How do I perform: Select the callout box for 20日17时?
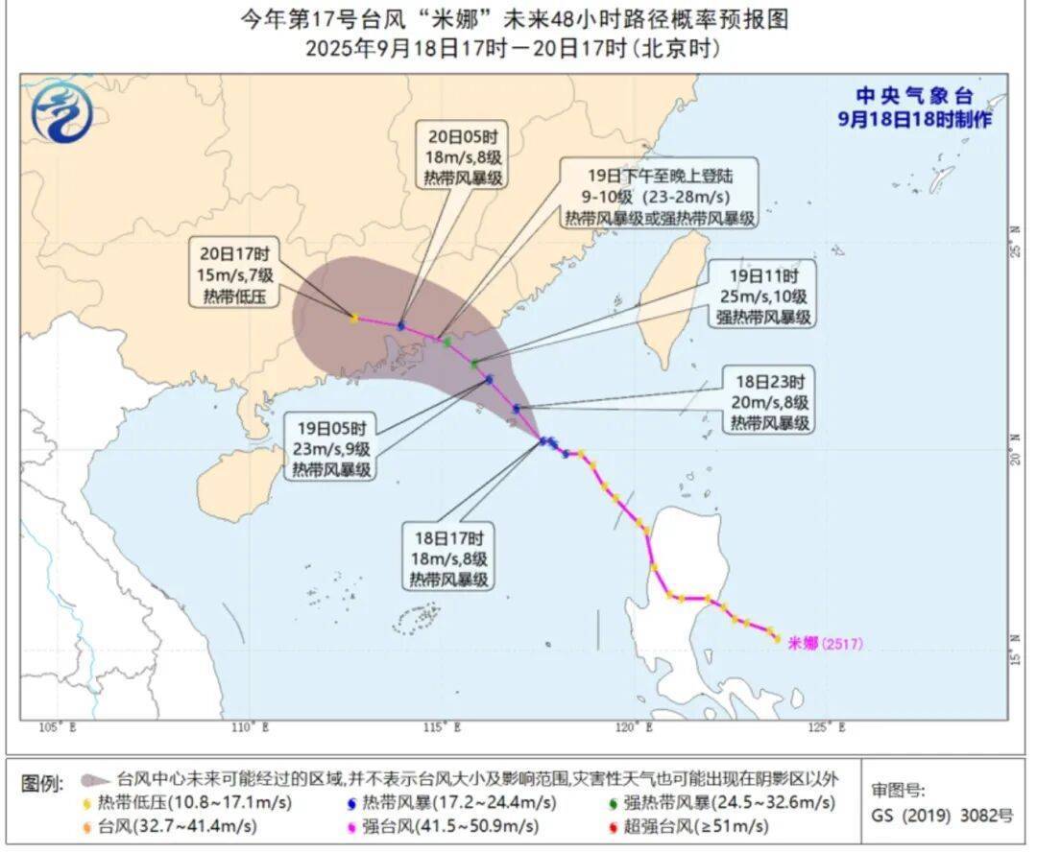(x=236, y=275)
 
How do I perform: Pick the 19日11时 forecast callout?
(x=763, y=295)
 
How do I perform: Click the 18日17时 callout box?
(x=448, y=558)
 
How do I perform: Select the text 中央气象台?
(x=914, y=96)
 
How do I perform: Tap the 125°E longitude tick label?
(x=828, y=727)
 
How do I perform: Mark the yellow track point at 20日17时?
(x=354, y=318)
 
